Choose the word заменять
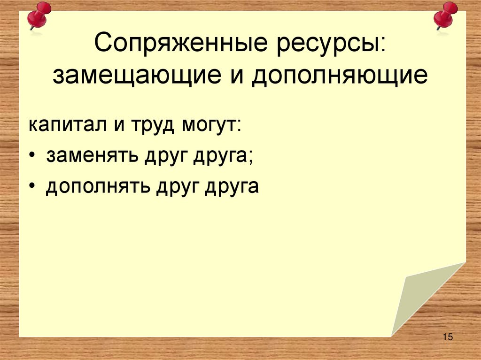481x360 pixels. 88,156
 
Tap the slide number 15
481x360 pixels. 447,337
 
